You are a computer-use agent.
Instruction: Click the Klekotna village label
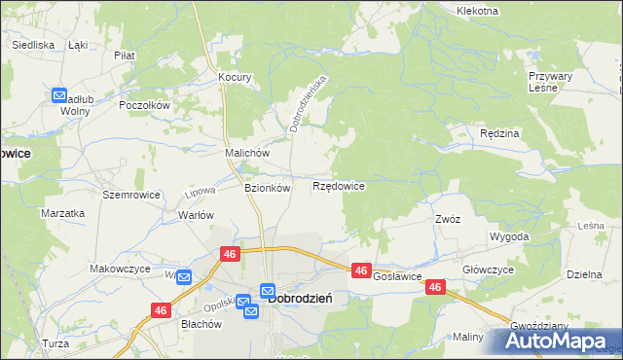pyautogui.click(x=477, y=11)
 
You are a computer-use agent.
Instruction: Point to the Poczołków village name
pyautogui.click(x=144, y=105)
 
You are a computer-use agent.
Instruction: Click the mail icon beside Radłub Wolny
pyautogui.click(x=58, y=95)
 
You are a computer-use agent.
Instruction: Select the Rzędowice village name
pyautogui.click(x=338, y=186)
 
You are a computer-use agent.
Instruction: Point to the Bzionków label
pyautogui.click(x=267, y=189)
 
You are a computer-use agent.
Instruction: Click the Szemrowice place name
pyautogui.click(x=125, y=195)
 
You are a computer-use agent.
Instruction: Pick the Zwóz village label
pyautogui.click(x=448, y=219)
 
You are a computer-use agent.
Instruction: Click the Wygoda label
pyautogui.click(x=510, y=236)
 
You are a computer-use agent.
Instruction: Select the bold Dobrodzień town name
pyautogui.click(x=301, y=299)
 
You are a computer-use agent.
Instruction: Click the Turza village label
pyautogui.click(x=55, y=343)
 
